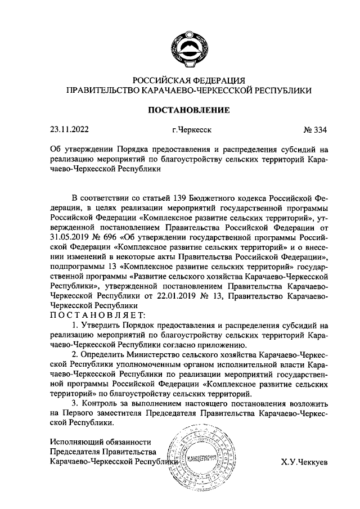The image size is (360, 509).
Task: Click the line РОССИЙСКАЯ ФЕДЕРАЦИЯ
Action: point(188,80)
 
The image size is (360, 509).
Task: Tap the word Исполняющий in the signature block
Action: point(77,441)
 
